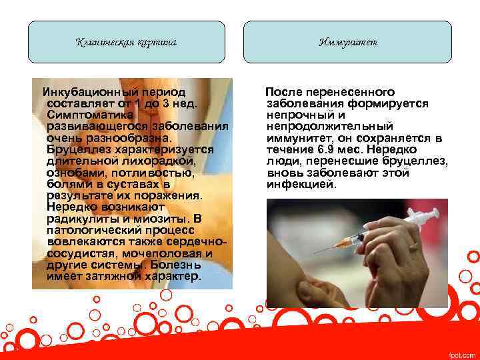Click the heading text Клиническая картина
coord(126,43)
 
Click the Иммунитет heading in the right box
coord(347,43)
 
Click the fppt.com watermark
coord(462,353)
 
